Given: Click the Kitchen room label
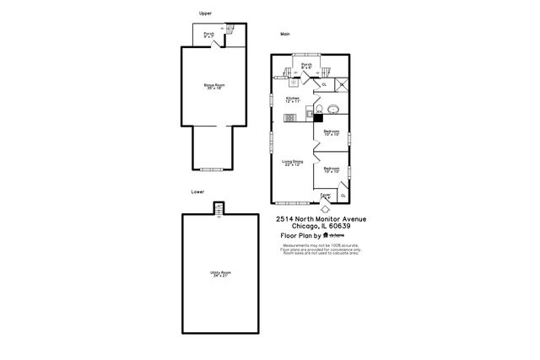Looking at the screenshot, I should (x=292, y=99).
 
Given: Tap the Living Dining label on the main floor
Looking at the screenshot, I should (x=292, y=162).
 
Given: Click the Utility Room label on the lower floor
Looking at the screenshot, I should (x=220, y=273).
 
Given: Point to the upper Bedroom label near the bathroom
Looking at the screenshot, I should (x=332, y=132).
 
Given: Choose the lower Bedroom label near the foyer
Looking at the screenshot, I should (x=332, y=169).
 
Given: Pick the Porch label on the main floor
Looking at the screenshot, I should (x=307, y=66).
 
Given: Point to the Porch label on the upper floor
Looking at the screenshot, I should (x=208, y=35).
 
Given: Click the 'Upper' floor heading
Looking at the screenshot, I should (x=204, y=13).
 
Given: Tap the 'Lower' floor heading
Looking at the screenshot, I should (x=197, y=192).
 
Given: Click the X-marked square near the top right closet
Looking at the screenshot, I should (x=342, y=83).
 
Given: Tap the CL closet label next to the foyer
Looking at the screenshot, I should (x=343, y=196).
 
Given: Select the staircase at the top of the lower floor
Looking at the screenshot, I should (x=219, y=207).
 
